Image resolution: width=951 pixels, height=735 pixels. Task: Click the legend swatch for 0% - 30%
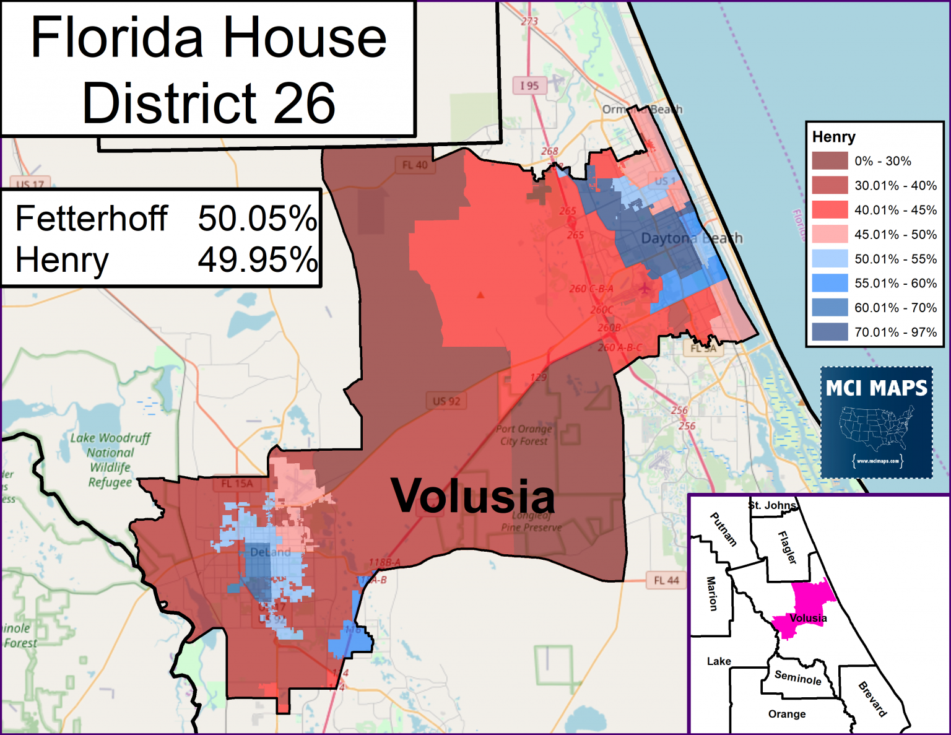click(x=830, y=161)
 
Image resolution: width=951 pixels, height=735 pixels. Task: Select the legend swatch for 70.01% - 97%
click(x=830, y=332)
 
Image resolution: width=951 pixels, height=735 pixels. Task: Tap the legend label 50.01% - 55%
click(x=895, y=259)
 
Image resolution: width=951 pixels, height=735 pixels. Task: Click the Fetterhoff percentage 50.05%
click(x=257, y=219)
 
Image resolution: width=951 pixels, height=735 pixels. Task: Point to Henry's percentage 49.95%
click(x=257, y=260)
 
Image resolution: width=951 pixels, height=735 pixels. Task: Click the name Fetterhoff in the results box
click(x=92, y=219)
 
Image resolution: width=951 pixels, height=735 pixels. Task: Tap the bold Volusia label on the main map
click(x=473, y=497)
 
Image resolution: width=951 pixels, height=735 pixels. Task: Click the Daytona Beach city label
click(x=691, y=238)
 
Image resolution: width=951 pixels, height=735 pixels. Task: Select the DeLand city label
click(x=270, y=552)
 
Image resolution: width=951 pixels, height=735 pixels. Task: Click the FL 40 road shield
click(x=415, y=165)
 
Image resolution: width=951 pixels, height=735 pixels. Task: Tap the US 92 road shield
click(x=446, y=401)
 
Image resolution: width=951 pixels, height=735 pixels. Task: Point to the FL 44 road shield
click(x=666, y=580)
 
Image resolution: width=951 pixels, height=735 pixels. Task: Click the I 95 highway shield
click(x=529, y=85)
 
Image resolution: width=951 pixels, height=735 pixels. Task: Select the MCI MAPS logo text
click(x=876, y=388)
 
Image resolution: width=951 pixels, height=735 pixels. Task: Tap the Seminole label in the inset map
click(x=798, y=677)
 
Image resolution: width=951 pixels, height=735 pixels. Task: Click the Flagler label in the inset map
click(x=787, y=547)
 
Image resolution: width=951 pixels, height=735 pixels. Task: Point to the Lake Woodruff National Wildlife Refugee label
click(x=110, y=459)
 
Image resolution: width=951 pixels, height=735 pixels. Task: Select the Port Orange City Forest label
click(x=524, y=435)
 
